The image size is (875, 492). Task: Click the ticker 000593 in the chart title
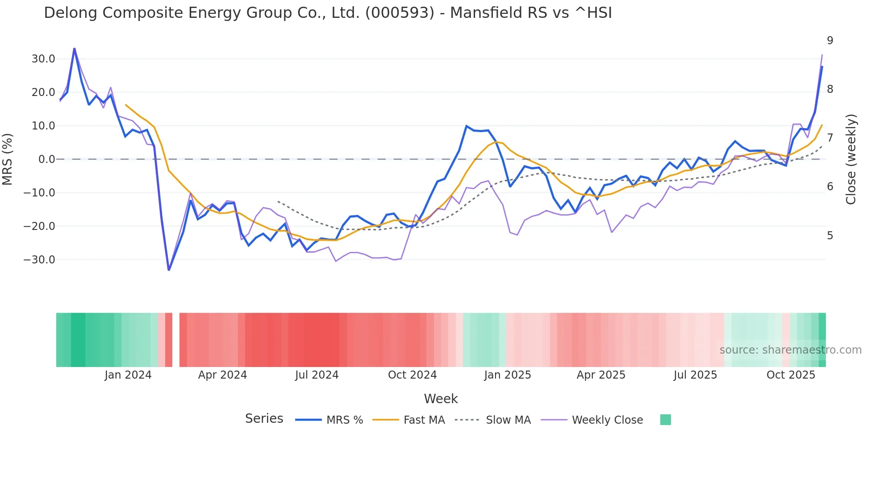point(400,13)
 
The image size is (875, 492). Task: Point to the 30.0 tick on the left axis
point(43,59)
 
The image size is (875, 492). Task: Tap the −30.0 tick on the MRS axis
point(40,260)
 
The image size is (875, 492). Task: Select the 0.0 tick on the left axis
point(46,159)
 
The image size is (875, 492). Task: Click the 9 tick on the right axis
point(830,41)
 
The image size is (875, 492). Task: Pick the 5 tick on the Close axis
point(830,235)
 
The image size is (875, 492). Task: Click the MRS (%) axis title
point(8,159)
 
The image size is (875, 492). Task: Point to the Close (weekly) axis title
point(851,159)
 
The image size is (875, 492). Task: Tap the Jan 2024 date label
point(128,375)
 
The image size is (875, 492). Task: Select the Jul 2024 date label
point(317,375)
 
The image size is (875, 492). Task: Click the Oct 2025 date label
point(791,375)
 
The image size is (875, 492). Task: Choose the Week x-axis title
point(441,399)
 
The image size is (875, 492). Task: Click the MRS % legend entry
point(344,420)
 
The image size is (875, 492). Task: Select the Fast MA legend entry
point(424,420)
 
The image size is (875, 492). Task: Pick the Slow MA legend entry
point(508,420)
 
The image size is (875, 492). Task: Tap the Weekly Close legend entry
point(607,420)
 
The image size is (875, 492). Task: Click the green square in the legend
point(665,420)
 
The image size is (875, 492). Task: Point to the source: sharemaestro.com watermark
point(790,350)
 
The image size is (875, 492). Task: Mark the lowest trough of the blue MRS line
point(169,270)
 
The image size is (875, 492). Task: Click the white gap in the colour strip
point(176,340)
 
